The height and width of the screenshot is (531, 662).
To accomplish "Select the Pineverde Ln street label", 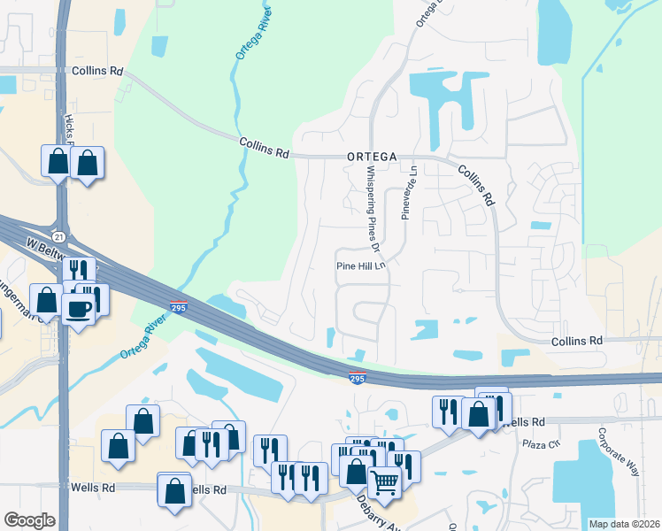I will tap(408, 191).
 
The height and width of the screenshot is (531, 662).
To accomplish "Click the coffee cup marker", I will tap(80, 308).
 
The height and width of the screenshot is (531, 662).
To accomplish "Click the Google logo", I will tap(29, 520).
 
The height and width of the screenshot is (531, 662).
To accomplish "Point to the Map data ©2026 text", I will tap(623, 523).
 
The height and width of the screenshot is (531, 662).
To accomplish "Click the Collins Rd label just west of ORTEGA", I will tap(264, 148).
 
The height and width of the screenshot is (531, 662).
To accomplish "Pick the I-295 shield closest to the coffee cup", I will tap(178, 306).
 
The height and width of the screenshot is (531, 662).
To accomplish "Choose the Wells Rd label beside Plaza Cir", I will tap(521, 423).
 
